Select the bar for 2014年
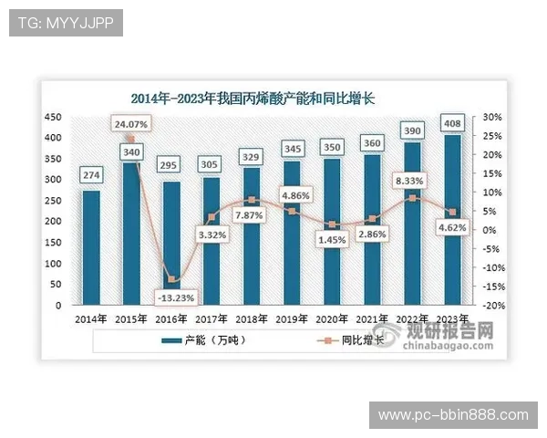91,246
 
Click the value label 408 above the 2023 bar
451,122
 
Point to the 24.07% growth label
131,121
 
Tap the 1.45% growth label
331,239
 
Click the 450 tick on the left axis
54,118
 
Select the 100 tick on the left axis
54,264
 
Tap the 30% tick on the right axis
493,118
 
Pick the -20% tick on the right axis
493,306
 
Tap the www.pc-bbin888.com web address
452,415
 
